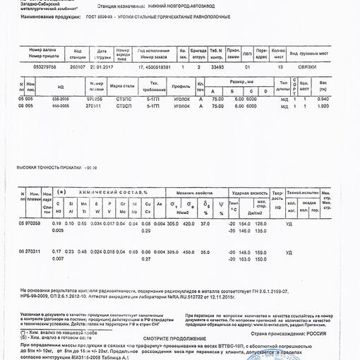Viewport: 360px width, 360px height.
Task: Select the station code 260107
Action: point(78,66)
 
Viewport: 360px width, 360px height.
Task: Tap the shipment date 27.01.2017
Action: point(102,66)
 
